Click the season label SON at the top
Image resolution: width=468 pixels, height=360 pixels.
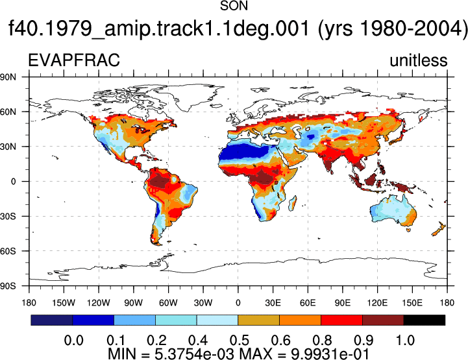(x=234, y=6)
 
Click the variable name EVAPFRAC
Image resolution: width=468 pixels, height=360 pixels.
(x=74, y=60)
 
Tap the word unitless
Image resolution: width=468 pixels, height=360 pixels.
(x=419, y=60)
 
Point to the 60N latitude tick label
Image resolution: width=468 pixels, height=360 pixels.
(x=8, y=112)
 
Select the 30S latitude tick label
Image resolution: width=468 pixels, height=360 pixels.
(x=8, y=216)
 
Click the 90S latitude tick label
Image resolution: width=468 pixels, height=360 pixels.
(x=8, y=286)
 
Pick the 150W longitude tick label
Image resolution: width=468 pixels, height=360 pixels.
(x=64, y=303)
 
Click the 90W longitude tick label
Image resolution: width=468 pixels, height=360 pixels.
(x=134, y=303)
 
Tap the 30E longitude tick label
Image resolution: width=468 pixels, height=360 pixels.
(x=273, y=303)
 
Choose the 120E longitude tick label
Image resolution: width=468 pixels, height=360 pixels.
(x=378, y=303)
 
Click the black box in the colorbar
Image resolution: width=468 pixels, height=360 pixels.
(x=424, y=320)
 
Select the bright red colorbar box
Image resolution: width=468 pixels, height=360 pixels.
(x=341, y=320)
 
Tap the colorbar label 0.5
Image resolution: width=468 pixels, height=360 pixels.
(x=240, y=341)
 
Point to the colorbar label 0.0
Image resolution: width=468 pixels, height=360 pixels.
(x=74, y=341)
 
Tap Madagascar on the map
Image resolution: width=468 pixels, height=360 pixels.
(x=293, y=203)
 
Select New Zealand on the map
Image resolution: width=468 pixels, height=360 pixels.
(x=439, y=229)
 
